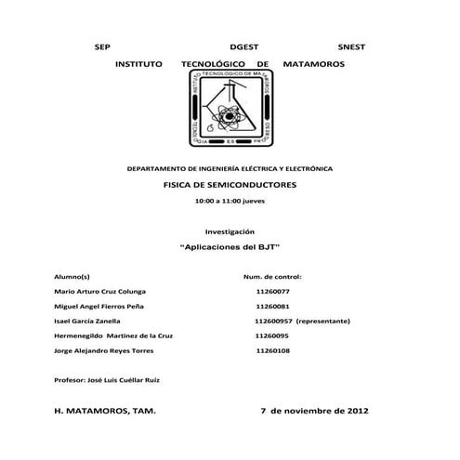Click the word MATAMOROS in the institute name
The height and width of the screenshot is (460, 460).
(x=312, y=63)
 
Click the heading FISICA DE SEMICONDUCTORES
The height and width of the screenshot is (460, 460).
(x=230, y=186)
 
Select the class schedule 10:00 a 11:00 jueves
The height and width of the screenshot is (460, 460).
(x=230, y=201)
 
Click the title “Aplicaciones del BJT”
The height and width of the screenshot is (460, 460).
(x=230, y=247)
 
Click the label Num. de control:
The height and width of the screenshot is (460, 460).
(x=272, y=277)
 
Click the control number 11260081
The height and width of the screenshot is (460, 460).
(x=272, y=306)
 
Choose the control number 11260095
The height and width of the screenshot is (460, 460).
(x=272, y=335)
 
